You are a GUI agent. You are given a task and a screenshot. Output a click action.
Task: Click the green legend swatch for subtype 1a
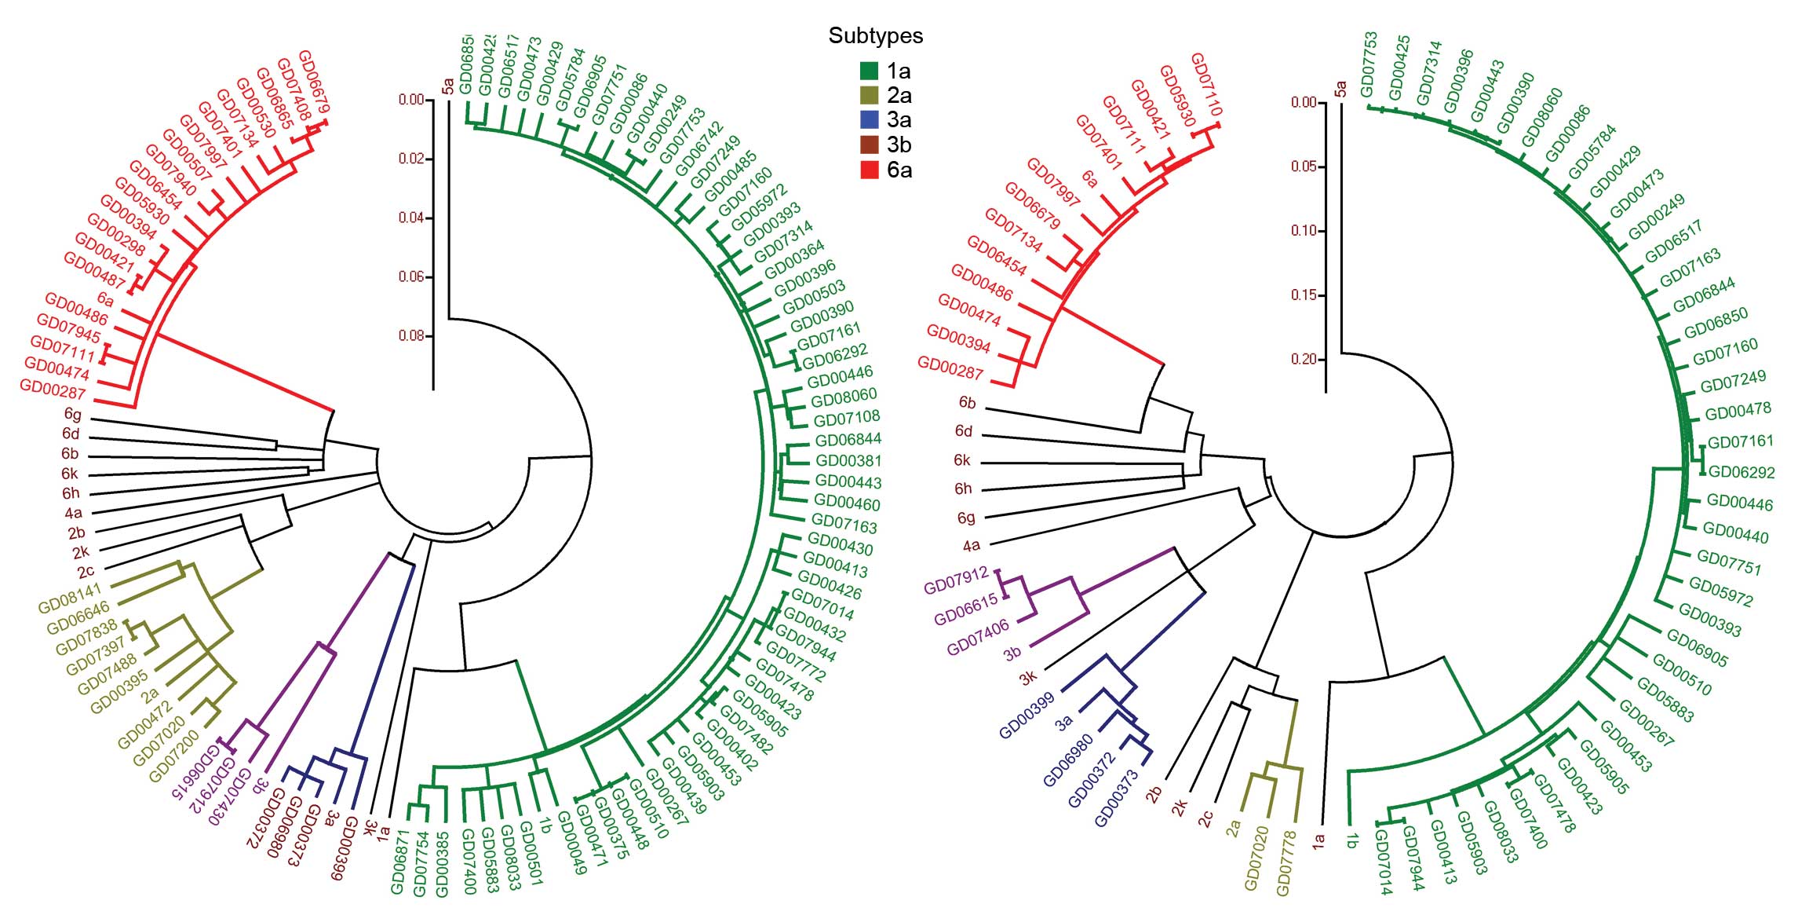(869, 71)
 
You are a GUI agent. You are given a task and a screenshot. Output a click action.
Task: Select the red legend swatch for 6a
(869, 170)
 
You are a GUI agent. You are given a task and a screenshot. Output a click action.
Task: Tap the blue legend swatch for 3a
(869, 119)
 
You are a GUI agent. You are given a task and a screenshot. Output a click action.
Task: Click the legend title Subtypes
(875, 35)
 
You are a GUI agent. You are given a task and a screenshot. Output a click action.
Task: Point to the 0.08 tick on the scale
(411, 336)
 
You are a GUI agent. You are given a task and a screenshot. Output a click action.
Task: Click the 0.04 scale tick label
(411, 218)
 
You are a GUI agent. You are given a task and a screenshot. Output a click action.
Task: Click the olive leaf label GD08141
(70, 598)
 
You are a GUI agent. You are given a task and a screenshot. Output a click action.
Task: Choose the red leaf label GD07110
(1205, 84)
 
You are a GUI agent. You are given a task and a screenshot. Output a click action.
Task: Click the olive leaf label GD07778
(1288, 863)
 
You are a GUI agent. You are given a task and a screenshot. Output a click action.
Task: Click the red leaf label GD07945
(69, 329)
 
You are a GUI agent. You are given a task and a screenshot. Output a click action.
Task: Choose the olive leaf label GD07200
(173, 756)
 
